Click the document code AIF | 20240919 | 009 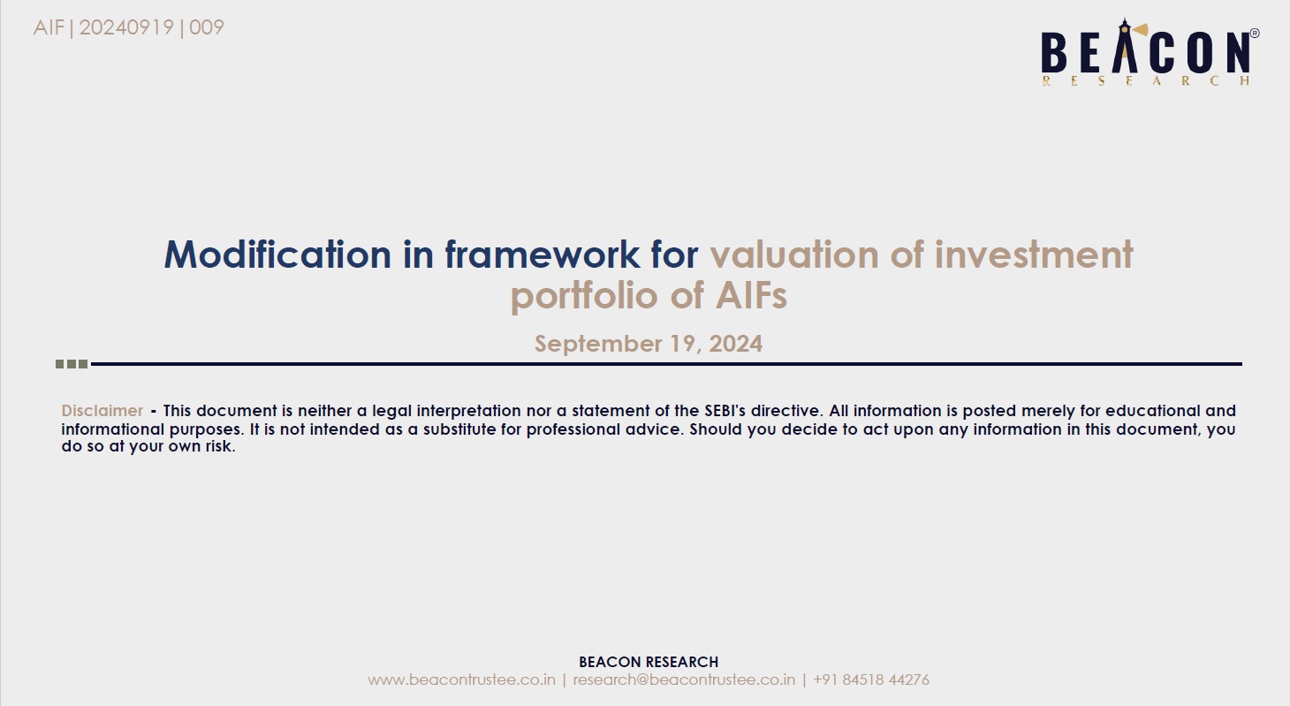tap(128, 27)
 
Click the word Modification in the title tap(277, 254)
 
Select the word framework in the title tap(542, 254)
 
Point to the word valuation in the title tap(794, 254)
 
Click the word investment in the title tap(1033, 254)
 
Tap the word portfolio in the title tap(584, 296)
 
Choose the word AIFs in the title tap(751, 295)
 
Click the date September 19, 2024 tap(649, 344)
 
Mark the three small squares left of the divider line tap(72, 364)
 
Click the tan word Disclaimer tap(102, 411)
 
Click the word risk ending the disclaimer tap(221, 446)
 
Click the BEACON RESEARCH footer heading tap(649, 662)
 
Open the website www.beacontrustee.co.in tap(461, 679)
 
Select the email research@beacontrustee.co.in tap(684, 679)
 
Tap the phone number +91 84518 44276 tap(871, 679)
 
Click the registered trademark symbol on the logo tap(1255, 34)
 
